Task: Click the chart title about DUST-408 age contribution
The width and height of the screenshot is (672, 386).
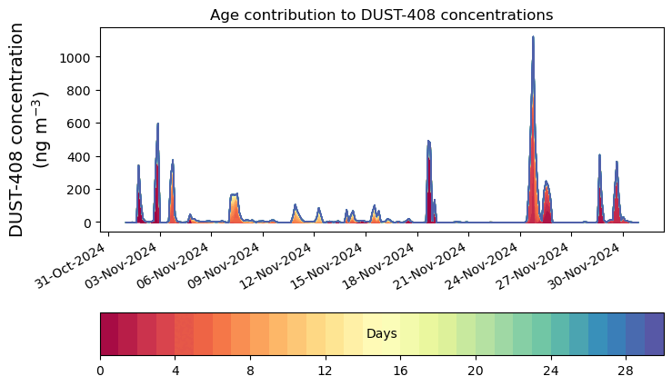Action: [381, 15]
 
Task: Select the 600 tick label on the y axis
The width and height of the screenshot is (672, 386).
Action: [80, 124]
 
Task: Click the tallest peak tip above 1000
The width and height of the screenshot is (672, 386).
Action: [533, 38]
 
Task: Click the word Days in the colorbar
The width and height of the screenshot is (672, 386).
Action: [381, 334]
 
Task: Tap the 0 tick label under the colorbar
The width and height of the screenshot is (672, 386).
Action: [100, 371]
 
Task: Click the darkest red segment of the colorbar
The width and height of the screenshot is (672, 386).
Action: [109, 334]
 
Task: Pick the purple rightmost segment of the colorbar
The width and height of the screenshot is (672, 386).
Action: [654, 334]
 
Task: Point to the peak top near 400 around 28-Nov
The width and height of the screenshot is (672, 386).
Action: [600, 155]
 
